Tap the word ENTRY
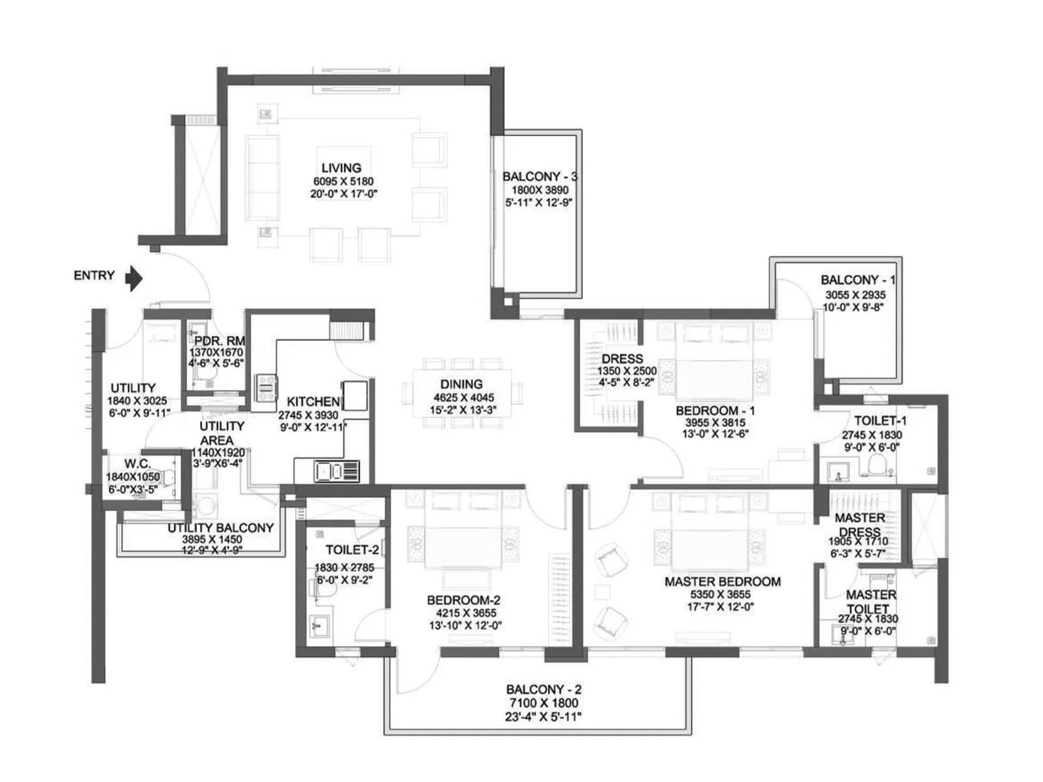tap(94, 276)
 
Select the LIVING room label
tap(341, 167)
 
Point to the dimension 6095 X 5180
tap(343, 181)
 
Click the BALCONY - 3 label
tap(540, 176)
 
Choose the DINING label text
tap(462, 384)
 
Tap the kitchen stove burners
tap(266, 388)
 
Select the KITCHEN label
tap(314, 401)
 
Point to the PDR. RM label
tap(220, 341)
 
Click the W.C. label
tap(138, 463)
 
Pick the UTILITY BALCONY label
tap(220, 527)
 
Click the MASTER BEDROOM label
tap(722, 582)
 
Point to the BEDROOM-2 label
tap(463, 600)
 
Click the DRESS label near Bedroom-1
tap(622, 359)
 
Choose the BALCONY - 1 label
tap(858, 280)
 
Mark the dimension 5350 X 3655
tap(720, 594)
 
